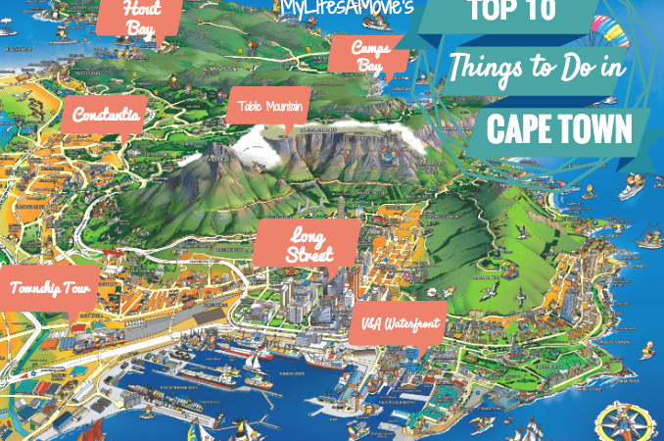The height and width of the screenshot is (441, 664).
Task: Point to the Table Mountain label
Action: click(269, 104)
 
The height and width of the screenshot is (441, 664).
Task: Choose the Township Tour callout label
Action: click(51, 289)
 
